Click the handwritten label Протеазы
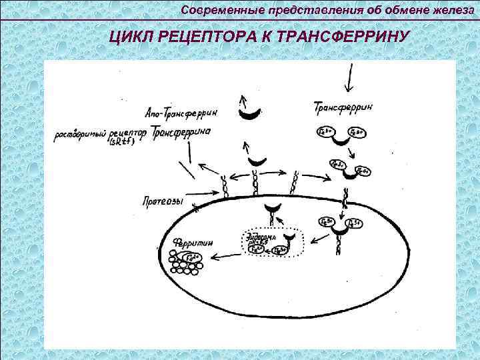coord(163,199)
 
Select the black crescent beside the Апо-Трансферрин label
coord(250,115)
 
